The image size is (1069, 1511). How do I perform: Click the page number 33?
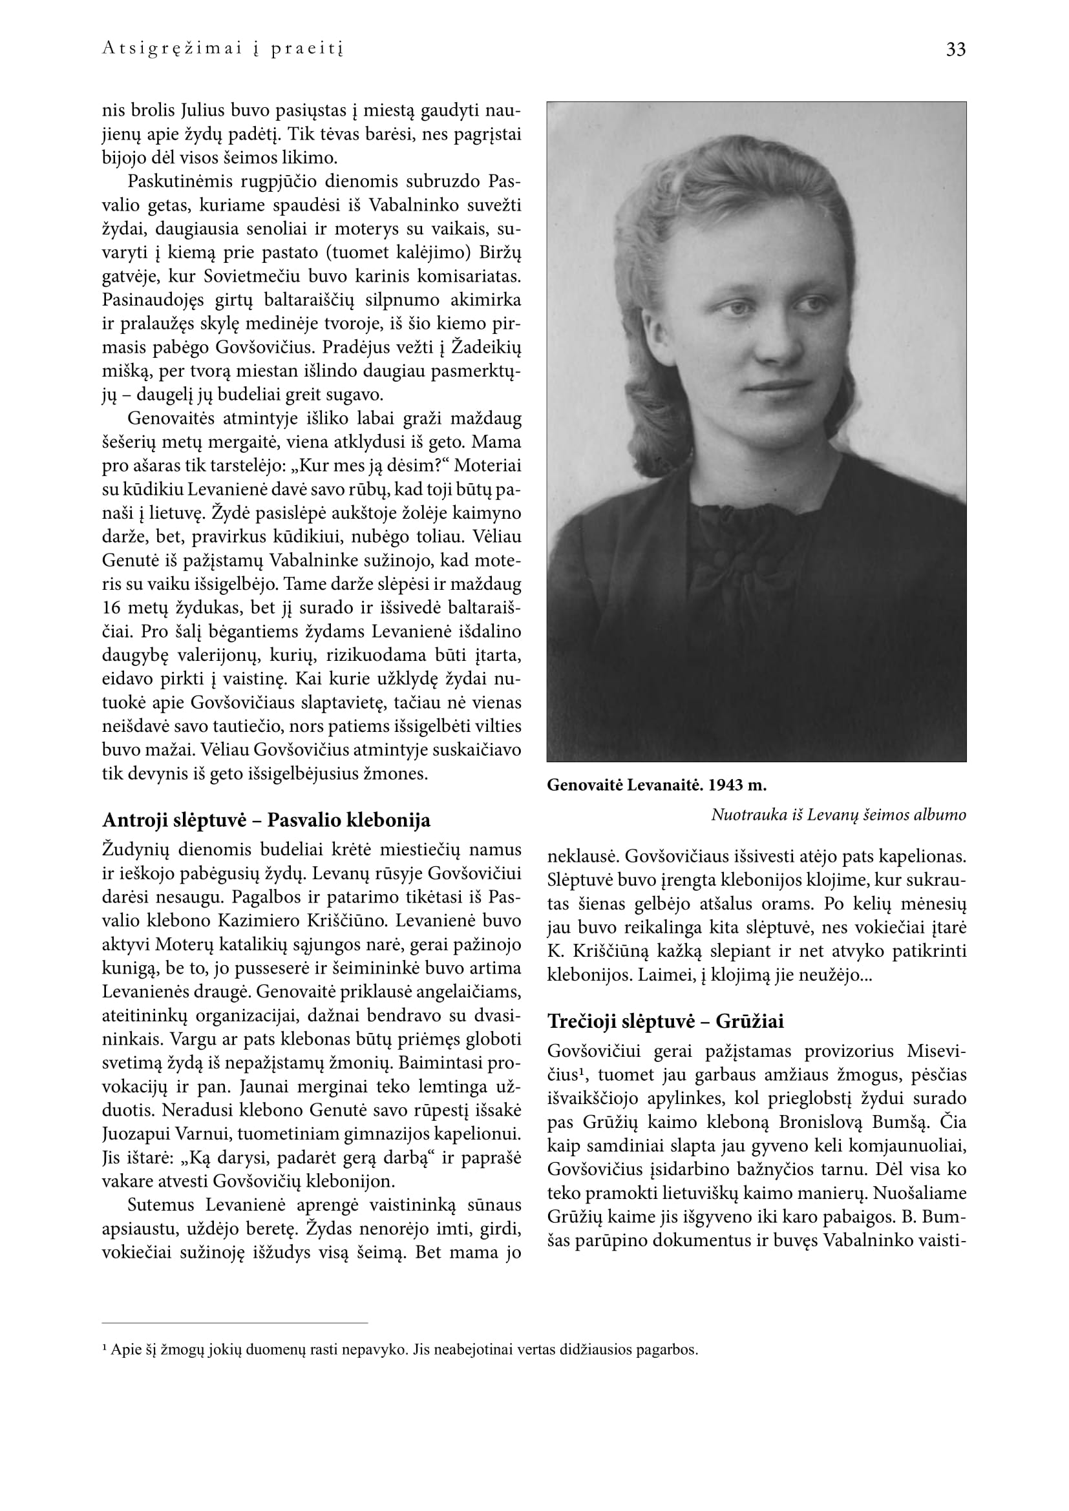[955, 50]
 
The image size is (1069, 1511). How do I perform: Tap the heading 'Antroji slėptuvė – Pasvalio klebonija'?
[266, 820]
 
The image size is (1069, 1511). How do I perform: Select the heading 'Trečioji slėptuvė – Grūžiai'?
[666, 1021]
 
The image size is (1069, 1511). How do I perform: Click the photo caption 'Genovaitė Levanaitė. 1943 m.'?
[656, 785]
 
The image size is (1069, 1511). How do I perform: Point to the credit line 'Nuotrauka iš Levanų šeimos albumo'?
[838, 815]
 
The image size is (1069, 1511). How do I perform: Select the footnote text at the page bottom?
[399, 1349]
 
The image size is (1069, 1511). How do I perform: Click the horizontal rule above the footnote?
[235, 1323]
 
